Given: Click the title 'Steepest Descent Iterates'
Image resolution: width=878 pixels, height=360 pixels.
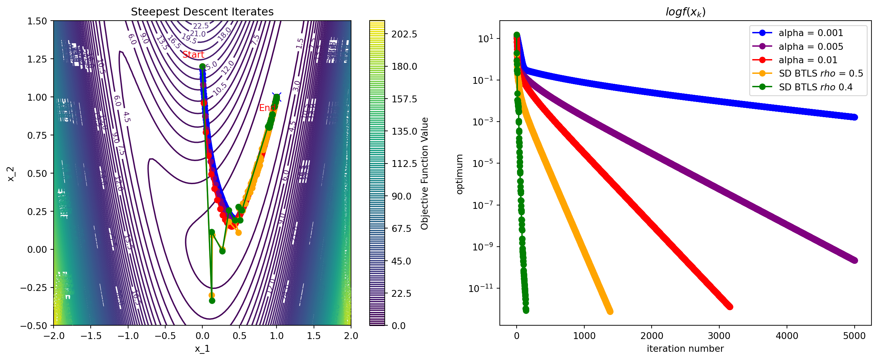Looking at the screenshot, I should (x=202, y=12).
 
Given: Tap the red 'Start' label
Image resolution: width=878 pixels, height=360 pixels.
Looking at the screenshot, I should (x=193, y=55).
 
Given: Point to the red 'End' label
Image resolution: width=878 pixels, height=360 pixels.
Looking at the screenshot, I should (x=267, y=108).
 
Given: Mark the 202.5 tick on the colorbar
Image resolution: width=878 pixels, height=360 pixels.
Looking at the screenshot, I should (x=404, y=34).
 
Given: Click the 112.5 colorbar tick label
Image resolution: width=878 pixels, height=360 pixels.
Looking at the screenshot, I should (x=404, y=164).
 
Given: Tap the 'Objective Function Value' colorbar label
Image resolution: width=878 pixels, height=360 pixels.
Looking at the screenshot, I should (x=425, y=173).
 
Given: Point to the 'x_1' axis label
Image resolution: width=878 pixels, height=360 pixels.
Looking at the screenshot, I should (x=202, y=349).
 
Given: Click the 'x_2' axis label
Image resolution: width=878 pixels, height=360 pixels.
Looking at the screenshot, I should (x=11, y=173).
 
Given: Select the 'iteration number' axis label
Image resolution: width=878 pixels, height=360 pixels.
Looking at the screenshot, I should (x=685, y=349).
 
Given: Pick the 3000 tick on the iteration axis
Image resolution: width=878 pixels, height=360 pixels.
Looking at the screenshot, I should (x=719, y=336).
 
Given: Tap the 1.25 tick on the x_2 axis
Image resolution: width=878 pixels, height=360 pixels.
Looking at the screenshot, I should (x=37, y=59).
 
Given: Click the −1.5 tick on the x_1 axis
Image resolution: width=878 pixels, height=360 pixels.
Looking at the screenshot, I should (x=91, y=336).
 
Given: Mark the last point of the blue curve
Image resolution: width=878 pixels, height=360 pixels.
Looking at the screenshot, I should (x=854, y=117).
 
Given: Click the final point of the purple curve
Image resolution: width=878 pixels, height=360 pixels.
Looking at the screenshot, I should (x=854, y=260).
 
